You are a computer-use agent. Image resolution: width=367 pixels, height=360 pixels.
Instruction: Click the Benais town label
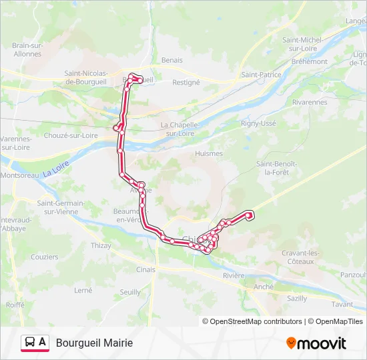click(x=172, y=59)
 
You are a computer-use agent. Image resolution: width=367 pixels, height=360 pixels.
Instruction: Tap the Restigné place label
click(x=186, y=83)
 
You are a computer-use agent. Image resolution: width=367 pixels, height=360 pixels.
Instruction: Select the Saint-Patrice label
click(x=261, y=75)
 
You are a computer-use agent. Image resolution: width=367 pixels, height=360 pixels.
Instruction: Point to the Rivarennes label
click(x=310, y=102)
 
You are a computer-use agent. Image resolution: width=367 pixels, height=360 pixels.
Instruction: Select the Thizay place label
click(x=101, y=245)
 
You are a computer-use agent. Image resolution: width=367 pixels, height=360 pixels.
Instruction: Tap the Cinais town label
click(x=145, y=269)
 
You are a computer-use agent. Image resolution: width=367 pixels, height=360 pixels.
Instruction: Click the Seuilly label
click(x=130, y=292)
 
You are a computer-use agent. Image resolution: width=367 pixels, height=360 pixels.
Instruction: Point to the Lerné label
click(x=83, y=290)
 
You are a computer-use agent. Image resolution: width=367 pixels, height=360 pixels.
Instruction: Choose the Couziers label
click(x=45, y=257)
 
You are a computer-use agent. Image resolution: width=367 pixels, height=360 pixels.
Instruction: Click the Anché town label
click(x=264, y=287)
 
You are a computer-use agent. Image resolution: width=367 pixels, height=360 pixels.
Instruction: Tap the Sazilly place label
click(x=296, y=299)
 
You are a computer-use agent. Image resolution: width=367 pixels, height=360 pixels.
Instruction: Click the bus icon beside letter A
click(x=30, y=343)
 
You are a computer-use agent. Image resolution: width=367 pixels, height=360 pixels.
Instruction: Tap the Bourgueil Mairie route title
click(x=94, y=343)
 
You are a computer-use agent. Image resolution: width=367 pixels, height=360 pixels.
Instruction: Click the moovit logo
click(x=316, y=343)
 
